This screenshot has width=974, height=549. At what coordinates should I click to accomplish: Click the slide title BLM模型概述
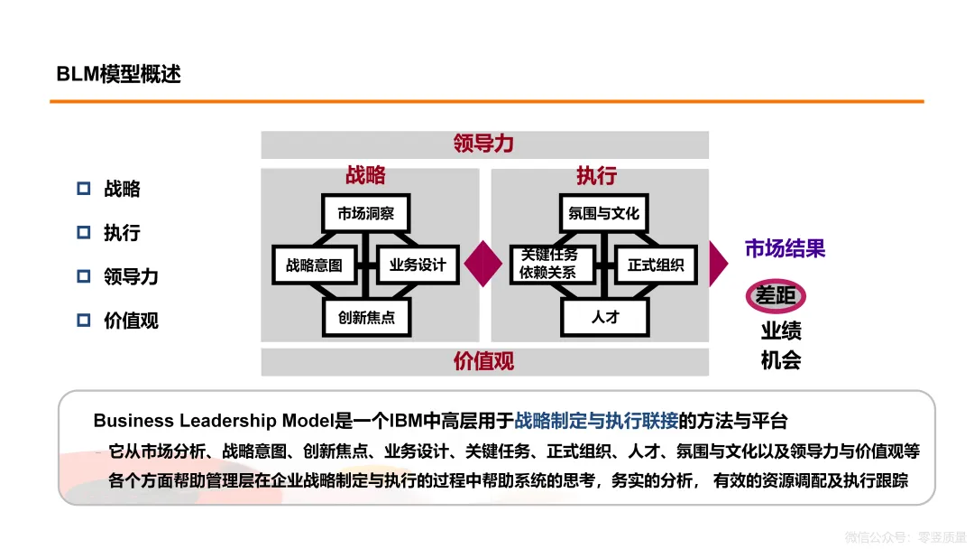pyautogui.click(x=119, y=74)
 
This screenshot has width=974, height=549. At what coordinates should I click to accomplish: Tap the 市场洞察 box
pyautogui.click(x=365, y=214)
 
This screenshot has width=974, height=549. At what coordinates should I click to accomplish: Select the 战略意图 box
pyautogui.click(x=314, y=265)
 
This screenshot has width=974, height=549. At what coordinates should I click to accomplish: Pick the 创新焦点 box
pyautogui.click(x=366, y=318)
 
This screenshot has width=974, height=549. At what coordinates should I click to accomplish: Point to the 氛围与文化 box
pyautogui.click(x=603, y=214)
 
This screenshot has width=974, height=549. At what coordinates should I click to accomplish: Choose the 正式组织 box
pyautogui.click(x=656, y=265)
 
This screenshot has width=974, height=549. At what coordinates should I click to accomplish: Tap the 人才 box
pyautogui.click(x=605, y=318)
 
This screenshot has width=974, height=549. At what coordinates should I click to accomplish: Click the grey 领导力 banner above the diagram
pyautogui.click(x=484, y=144)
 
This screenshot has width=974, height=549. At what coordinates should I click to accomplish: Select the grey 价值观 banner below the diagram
pyautogui.click(x=484, y=361)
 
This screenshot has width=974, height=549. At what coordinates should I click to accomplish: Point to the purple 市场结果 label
pyautogui.click(x=785, y=248)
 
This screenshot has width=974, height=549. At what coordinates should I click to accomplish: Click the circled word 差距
pyautogui.click(x=776, y=296)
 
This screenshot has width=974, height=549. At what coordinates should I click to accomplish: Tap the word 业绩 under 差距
pyautogui.click(x=781, y=330)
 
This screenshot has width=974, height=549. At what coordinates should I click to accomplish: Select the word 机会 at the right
pyautogui.click(x=781, y=360)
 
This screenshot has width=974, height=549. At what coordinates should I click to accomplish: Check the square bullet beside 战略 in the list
pyautogui.click(x=84, y=189)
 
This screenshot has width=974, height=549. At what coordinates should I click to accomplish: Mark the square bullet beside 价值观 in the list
pyautogui.click(x=84, y=320)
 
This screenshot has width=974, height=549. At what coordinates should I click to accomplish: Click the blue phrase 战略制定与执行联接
pyautogui.click(x=595, y=421)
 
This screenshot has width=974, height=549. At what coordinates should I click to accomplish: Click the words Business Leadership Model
pyautogui.click(x=214, y=421)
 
